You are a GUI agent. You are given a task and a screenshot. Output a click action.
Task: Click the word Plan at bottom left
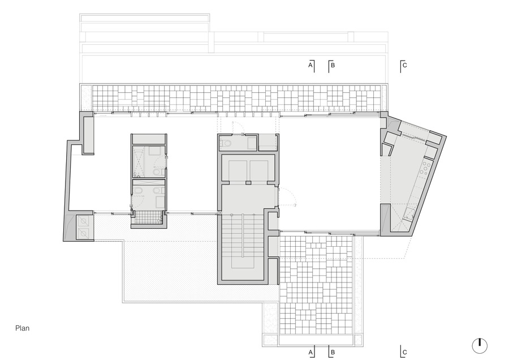point(23,328)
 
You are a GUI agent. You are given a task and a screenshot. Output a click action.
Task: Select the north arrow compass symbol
point(480,346)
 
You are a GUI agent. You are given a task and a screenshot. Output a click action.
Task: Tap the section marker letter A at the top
point(310,65)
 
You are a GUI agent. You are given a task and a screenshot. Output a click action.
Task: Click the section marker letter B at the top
point(333,65)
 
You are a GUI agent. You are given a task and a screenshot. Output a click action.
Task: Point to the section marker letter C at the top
point(404,65)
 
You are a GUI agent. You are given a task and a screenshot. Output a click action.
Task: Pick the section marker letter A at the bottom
point(310,352)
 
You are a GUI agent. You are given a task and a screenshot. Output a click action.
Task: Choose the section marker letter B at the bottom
point(333,352)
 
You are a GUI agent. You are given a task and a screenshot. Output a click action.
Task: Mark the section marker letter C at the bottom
point(404,352)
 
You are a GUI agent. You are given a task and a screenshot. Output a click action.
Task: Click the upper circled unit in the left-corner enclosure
point(84,222)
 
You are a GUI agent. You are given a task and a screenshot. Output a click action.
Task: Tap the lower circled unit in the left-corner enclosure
point(84,233)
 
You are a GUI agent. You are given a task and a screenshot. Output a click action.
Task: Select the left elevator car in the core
point(238,170)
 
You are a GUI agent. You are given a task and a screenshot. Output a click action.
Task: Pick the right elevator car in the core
point(259,170)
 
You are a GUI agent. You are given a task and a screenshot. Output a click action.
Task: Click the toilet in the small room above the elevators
point(226,143)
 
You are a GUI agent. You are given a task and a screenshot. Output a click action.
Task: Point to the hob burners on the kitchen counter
point(425,168)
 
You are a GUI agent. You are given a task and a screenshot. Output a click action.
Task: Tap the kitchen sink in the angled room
point(409,213)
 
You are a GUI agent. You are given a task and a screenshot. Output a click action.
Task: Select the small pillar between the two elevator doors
point(248,183)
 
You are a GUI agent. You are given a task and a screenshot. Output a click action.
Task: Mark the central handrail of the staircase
point(243,235)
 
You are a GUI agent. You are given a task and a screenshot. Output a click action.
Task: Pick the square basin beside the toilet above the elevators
point(252,143)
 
